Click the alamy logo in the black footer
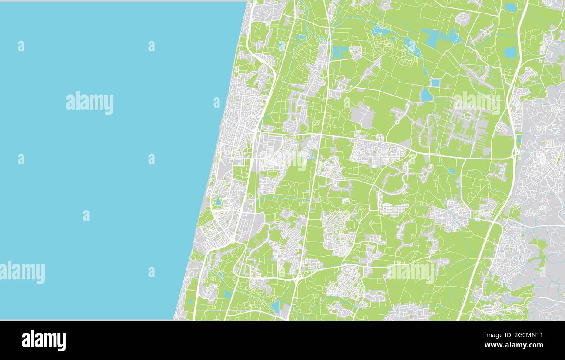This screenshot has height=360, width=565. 43,340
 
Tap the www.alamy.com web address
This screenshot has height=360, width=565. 514,346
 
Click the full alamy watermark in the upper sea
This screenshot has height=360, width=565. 90,103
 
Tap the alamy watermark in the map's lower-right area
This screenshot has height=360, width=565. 411,272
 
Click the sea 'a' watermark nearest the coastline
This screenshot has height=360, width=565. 216,102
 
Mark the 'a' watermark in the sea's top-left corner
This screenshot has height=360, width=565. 21,46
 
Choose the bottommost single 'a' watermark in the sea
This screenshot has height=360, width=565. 151,272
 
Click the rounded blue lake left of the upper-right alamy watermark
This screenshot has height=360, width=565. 426,95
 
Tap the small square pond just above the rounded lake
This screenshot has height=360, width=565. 435,83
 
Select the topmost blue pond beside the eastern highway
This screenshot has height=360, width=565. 511,7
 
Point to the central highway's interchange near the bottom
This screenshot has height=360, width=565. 296,278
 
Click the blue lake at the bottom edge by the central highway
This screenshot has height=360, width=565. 276,307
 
